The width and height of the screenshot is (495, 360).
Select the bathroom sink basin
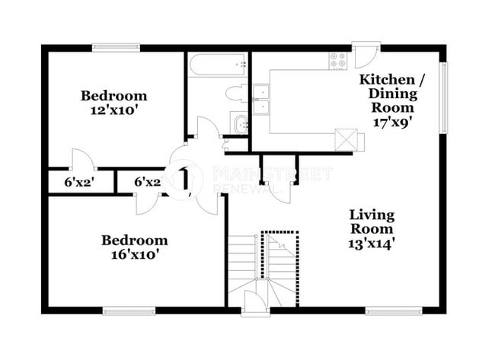(240, 124)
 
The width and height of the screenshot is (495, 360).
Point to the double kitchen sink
(261, 98)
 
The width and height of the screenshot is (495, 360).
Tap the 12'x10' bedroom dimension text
(114, 109)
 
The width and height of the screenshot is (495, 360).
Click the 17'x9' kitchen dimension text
(392, 121)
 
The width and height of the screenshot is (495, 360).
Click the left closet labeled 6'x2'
(78, 183)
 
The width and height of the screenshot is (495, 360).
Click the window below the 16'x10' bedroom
(123, 310)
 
